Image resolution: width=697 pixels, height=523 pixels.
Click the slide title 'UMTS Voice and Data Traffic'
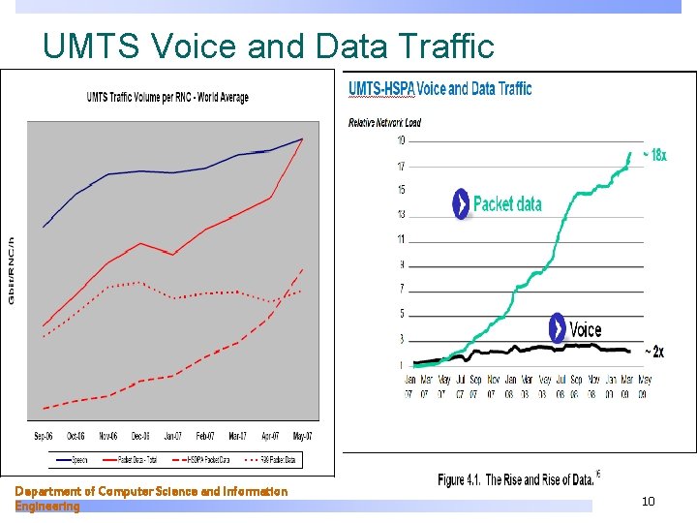coord(268,45)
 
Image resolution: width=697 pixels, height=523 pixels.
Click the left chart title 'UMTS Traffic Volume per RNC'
coord(167,97)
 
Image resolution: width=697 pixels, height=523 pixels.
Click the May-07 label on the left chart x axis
coord(302,437)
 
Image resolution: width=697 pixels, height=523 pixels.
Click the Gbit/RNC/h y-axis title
coord(12,270)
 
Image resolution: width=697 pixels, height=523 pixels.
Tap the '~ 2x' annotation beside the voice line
coord(654,351)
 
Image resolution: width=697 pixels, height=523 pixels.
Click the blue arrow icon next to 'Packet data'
coord(461,204)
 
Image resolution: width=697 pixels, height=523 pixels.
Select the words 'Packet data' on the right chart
coord(507,204)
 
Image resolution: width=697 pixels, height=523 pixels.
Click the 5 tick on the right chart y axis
coord(400,314)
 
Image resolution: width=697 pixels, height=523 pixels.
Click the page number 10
coord(648,501)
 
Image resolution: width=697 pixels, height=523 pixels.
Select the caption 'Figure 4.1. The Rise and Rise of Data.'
coord(515,479)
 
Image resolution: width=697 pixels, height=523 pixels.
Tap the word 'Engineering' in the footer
coord(47,506)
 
